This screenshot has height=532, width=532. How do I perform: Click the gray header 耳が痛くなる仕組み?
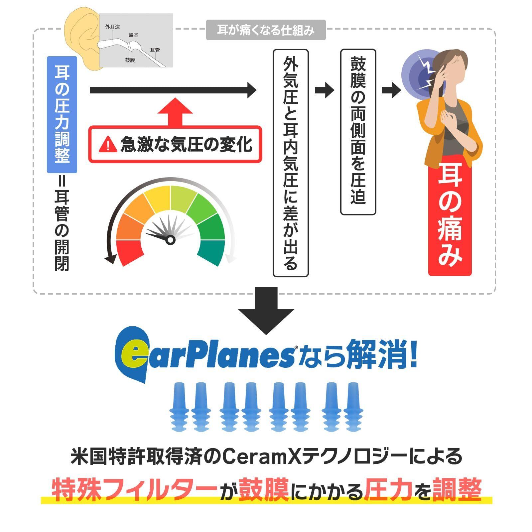[266, 30]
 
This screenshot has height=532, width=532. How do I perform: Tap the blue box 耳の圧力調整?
[62, 115]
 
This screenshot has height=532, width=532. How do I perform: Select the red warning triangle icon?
[107, 144]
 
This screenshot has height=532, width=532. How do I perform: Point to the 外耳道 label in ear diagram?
[112, 27]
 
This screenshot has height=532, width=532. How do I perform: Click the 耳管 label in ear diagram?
[155, 50]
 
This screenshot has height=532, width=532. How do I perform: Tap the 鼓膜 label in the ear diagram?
[130, 60]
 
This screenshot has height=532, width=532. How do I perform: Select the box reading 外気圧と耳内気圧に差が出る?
[290, 163]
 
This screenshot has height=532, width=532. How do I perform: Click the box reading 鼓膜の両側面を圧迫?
[358, 132]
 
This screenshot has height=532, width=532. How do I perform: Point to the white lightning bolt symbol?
[427, 71]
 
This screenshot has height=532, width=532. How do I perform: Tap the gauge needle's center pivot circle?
[170, 240]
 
